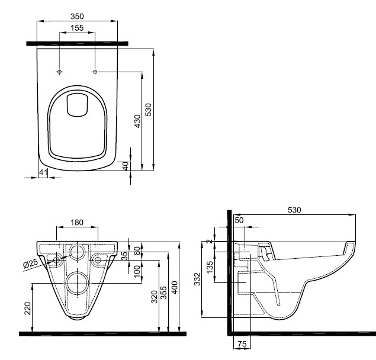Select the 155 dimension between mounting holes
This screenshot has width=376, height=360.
click(77, 27)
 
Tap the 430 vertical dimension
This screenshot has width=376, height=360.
click(137, 121)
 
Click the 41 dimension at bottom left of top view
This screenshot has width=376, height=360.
click(43, 172)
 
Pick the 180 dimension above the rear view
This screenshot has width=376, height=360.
click(76, 222)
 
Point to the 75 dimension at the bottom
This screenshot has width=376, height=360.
click(241, 344)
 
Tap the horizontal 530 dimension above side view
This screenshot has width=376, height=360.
click(294, 210)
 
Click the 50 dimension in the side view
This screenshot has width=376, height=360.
click(239, 220)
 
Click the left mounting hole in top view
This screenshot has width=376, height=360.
click(59, 72)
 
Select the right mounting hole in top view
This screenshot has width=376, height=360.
click(95, 72)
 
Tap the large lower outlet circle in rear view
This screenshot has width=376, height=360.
click(76, 283)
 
